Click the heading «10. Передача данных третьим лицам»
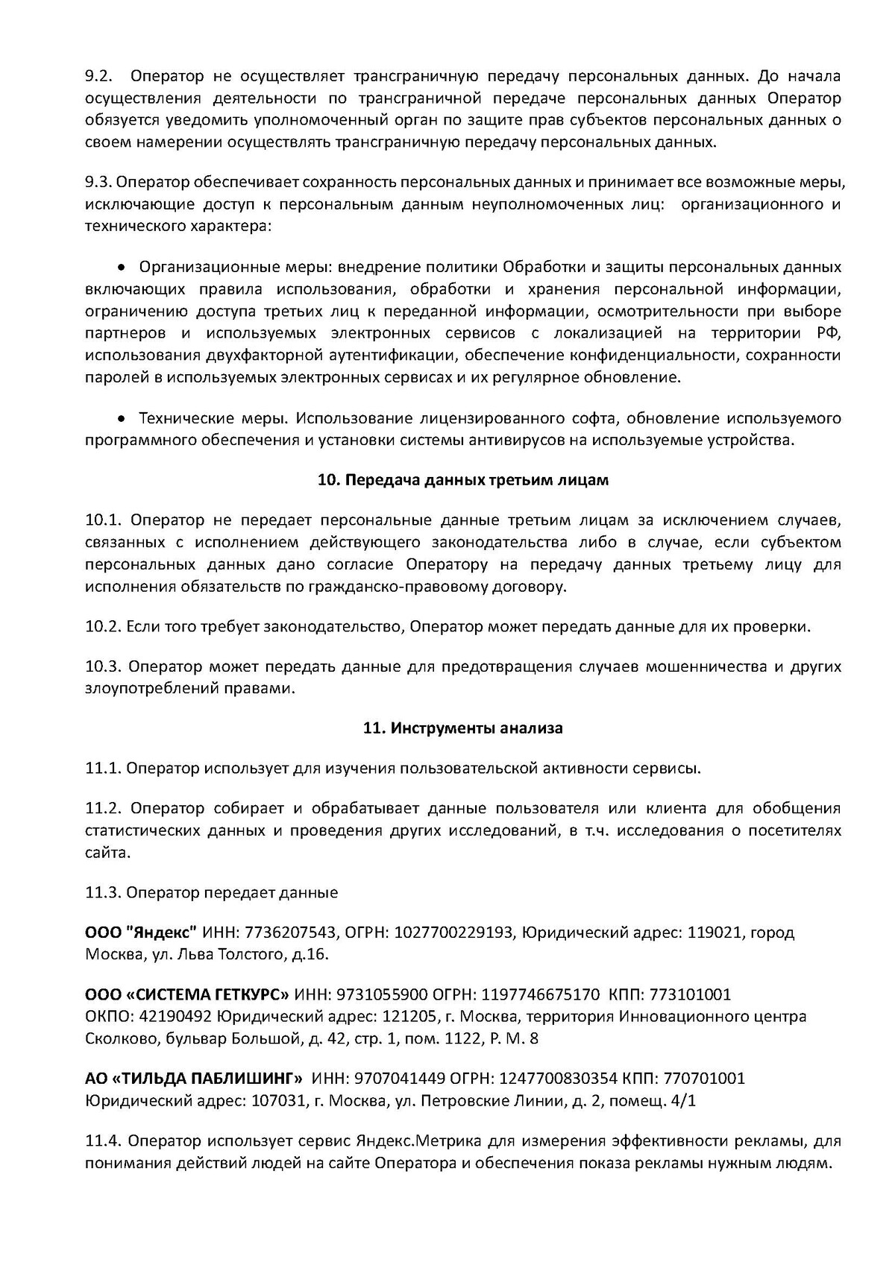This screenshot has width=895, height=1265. [x=462, y=480]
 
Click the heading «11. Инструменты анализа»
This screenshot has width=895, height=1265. [x=462, y=728]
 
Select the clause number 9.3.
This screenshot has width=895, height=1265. [x=98, y=183]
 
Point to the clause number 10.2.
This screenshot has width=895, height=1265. [x=103, y=626]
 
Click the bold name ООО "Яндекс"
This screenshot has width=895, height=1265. [x=141, y=933]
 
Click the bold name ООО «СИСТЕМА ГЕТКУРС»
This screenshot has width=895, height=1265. [x=187, y=994]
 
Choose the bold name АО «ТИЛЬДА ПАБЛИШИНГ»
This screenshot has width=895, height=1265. [x=194, y=1079]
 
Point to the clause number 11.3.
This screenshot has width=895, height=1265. [x=103, y=893]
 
